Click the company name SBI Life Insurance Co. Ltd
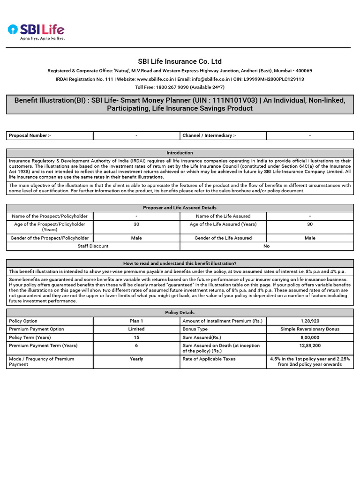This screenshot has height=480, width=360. [x=180, y=61]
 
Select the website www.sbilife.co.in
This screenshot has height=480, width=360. [x=156, y=79]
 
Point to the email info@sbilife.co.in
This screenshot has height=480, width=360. [x=210, y=79]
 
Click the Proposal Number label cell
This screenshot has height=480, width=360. [x=50, y=135]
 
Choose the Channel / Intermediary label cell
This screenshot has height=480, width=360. [x=223, y=135]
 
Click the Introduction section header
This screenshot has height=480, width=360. [x=180, y=153]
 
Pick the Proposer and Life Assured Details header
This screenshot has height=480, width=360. [x=180, y=208]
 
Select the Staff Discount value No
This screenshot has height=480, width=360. [x=266, y=246]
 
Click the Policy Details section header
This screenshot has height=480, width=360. [x=180, y=313]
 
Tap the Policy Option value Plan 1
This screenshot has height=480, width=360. [x=136, y=321]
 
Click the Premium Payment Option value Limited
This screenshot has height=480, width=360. [x=136, y=329]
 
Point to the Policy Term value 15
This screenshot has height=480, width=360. [x=136, y=337]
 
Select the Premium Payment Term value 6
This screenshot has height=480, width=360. [x=136, y=345]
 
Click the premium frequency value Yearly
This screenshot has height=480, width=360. [x=136, y=359]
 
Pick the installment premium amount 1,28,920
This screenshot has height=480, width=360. [x=310, y=321]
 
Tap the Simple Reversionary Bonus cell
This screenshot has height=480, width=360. [x=310, y=329]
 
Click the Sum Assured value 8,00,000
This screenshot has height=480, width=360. [x=310, y=337]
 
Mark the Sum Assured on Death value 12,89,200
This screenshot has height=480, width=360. [x=310, y=345]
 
